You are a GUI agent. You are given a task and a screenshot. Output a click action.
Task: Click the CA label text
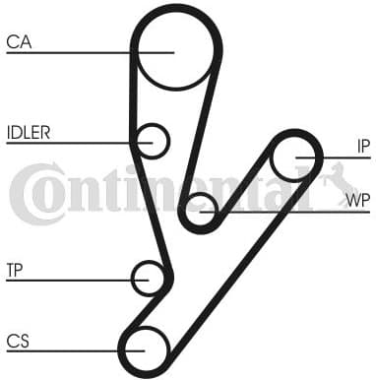(17, 41)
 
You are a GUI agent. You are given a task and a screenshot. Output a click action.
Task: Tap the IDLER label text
(28, 131)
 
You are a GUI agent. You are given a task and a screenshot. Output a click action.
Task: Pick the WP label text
(357, 200)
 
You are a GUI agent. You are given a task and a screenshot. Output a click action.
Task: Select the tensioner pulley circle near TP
(150, 278)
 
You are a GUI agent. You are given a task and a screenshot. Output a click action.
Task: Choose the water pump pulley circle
(201, 209)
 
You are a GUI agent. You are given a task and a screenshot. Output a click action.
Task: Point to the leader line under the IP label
(340, 158)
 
